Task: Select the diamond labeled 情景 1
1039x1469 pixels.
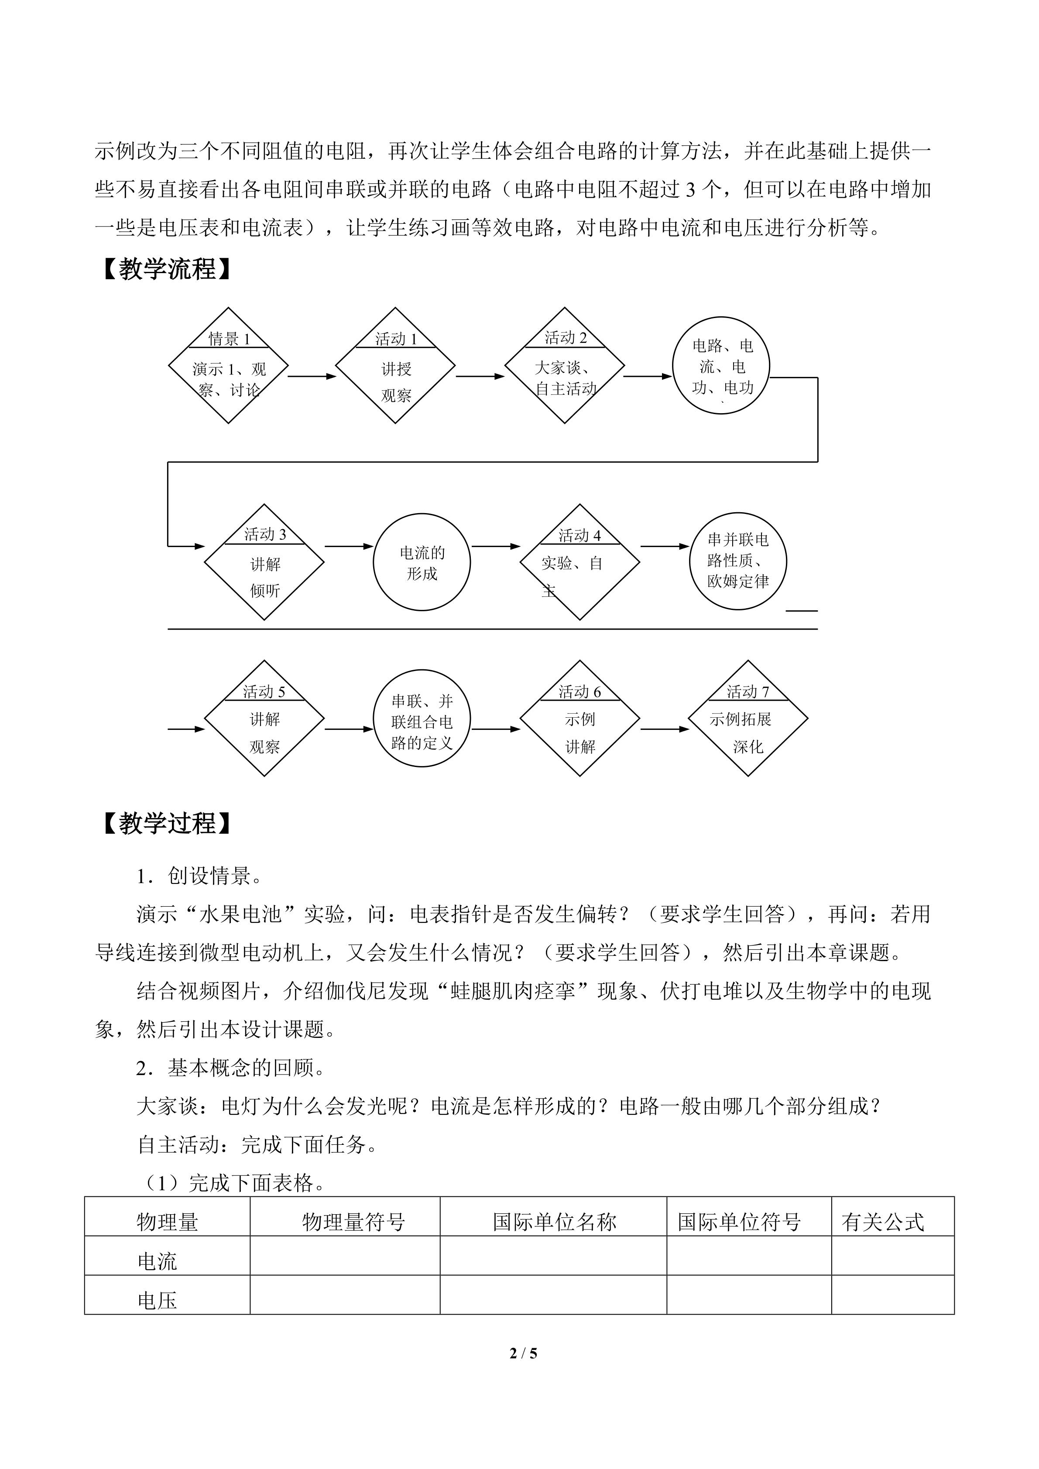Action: pos(228,366)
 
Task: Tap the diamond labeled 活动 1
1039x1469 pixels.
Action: pos(395,366)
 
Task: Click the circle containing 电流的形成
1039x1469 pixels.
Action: pos(422,562)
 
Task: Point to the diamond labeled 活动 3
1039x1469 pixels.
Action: pos(264,562)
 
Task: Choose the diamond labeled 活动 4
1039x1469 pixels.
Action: pos(580,562)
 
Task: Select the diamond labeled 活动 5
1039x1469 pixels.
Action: pos(264,719)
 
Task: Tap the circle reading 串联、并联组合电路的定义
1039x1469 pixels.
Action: pos(422,719)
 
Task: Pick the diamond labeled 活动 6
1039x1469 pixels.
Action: pos(580,719)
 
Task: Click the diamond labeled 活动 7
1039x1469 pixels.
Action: pos(748,719)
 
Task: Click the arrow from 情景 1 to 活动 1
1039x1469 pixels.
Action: pos(312,376)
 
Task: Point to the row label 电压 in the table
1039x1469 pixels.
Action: pos(158,1300)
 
